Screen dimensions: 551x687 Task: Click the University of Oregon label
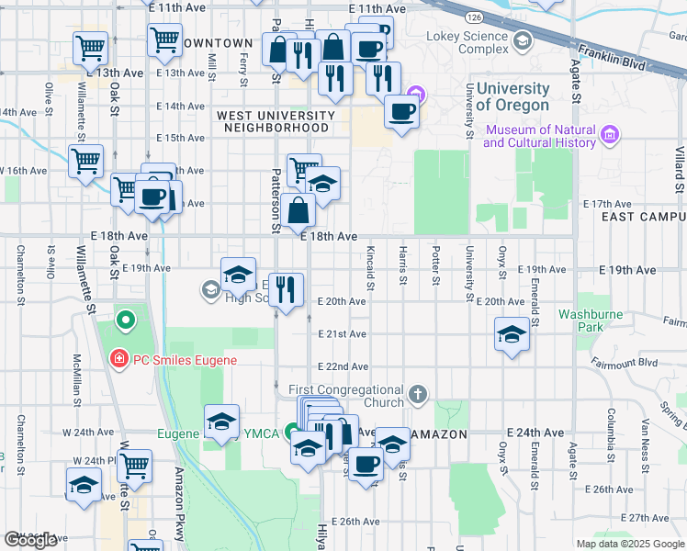512,96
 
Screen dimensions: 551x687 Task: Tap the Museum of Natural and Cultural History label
539,136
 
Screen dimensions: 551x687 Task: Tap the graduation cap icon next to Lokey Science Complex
523,39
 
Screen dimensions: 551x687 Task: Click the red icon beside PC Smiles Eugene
118,359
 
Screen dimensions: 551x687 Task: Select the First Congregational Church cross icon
418,396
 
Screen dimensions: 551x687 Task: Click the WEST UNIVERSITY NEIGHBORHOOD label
276,121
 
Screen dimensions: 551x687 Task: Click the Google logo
30,540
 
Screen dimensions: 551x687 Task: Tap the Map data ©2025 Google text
631,544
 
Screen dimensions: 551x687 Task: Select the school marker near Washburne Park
512,332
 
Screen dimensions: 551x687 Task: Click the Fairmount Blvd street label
637,363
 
